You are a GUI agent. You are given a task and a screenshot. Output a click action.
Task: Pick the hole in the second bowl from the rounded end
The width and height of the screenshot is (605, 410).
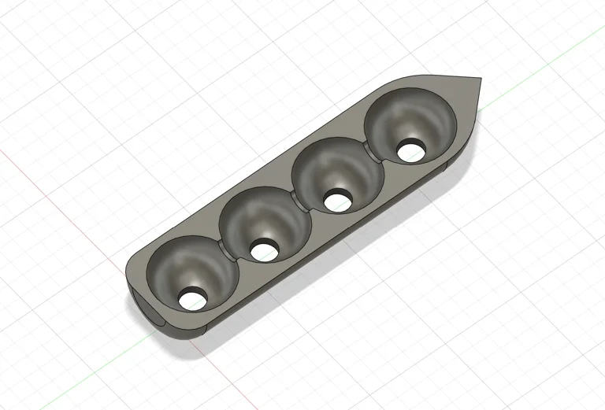(x=262, y=250)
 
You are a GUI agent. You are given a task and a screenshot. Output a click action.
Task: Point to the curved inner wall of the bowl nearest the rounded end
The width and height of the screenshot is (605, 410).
(x=181, y=264)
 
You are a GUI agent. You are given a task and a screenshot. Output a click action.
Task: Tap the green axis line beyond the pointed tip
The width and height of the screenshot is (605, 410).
(x=551, y=55)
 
